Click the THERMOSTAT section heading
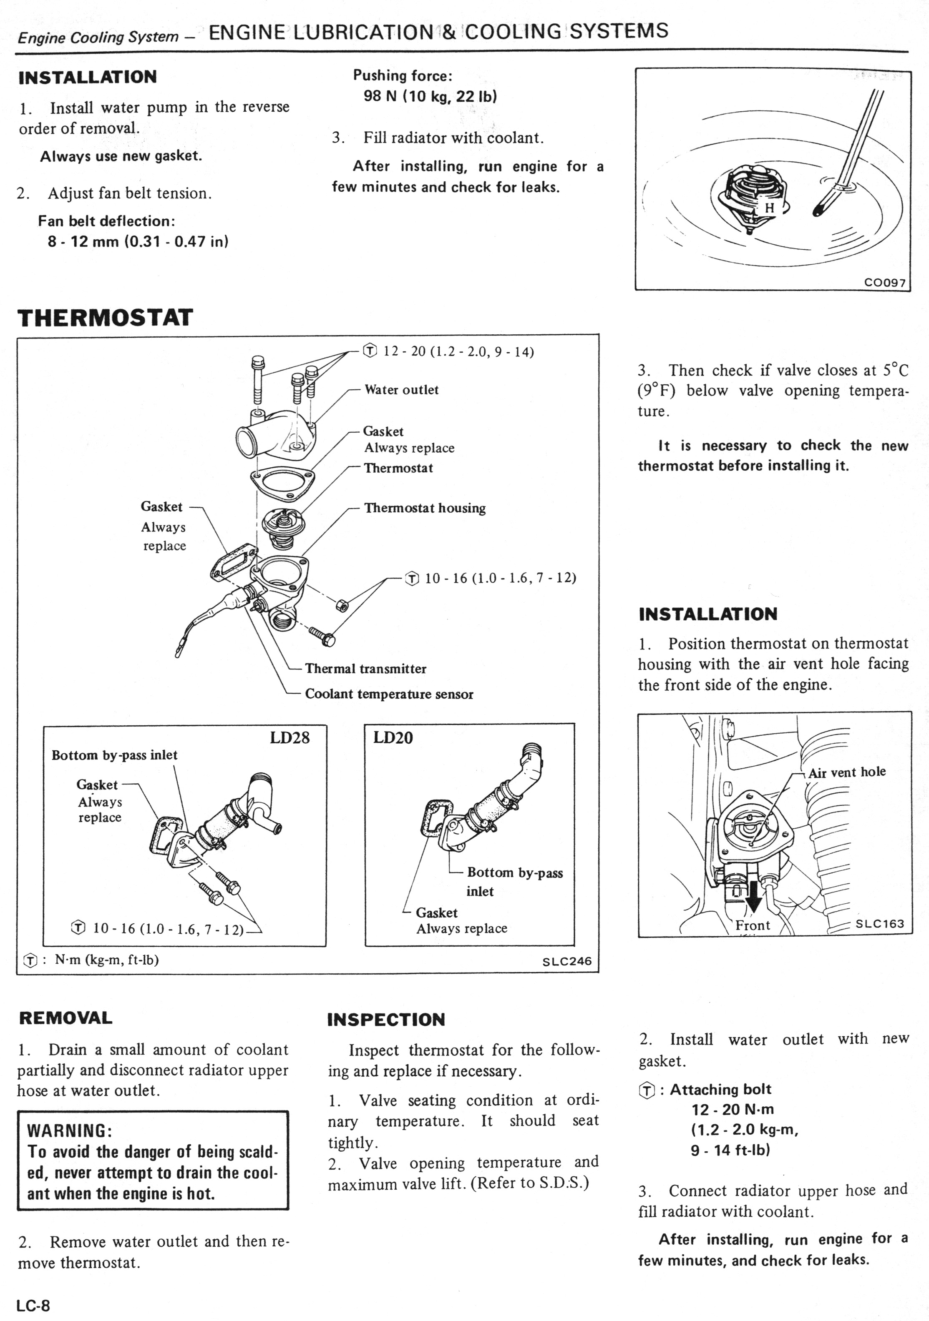coord(106,318)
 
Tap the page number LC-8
coord(34,1306)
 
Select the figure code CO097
coord(885,283)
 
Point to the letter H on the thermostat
coord(770,208)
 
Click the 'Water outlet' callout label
coord(401,390)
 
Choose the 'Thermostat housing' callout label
coord(425,508)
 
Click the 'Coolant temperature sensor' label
coord(389,694)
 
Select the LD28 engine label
coord(290,737)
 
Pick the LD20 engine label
coord(393,737)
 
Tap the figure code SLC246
coord(567,961)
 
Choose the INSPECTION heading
coord(386,1020)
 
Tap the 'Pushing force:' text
coord(402,75)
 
